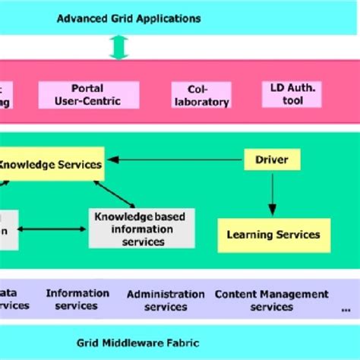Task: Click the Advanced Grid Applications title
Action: click(128, 17)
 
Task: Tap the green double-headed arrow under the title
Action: click(118, 47)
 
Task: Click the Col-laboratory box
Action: click(200, 95)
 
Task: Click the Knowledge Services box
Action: click(51, 164)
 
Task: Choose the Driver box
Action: click(272, 159)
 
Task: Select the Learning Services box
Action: click(273, 235)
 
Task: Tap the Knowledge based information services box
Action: click(140, 229)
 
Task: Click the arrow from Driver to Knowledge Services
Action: click(175, 160)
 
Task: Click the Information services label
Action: click(77, 299)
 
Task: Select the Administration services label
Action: click(166, 300)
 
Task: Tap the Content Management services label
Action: click(271, 300)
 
